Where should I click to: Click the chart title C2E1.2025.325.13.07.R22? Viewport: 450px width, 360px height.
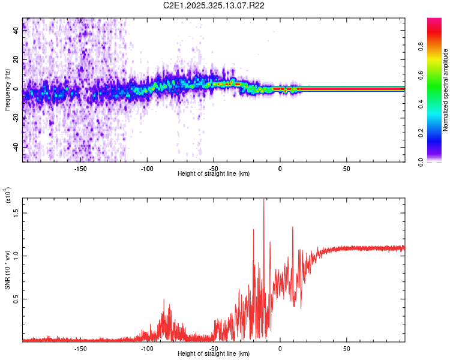point(214,5)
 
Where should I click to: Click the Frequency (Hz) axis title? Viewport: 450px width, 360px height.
point(7,90)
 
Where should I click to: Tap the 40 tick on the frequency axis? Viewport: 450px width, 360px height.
point(16,31)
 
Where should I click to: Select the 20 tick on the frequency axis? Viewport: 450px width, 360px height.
point(16,60)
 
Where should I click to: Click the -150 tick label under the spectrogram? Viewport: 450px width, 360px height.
point(81,168)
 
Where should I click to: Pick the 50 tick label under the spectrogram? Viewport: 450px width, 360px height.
point(346,168)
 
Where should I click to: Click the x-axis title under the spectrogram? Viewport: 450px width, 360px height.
point(214,174)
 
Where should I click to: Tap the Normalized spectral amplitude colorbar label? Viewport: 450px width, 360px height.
point(446,90)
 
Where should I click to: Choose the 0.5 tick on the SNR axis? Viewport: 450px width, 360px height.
point(16,299)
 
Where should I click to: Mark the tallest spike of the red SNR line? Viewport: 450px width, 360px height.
point(264,200)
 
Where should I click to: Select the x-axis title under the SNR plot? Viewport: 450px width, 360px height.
point(214,354)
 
